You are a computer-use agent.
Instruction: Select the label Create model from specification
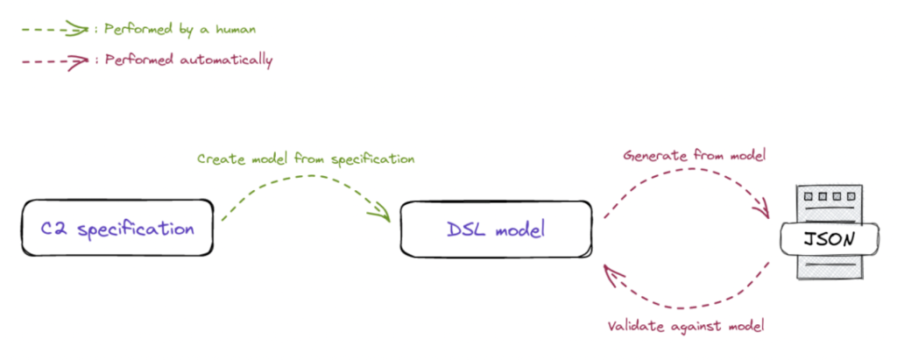[x=305, y=159]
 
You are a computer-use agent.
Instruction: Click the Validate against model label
[x=686, y=326]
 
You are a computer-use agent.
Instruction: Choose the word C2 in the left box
[x=55, y=229]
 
